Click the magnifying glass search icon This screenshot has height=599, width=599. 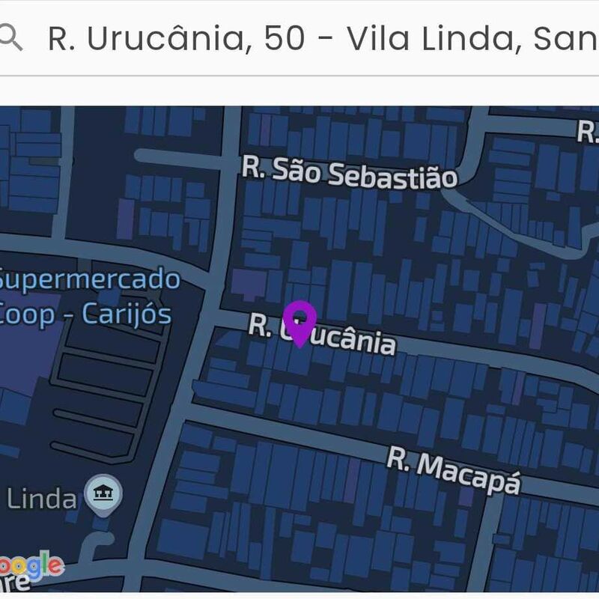(x=10, y=37)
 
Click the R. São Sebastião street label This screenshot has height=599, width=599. (x=349, y=173)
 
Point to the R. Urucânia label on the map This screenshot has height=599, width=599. (x=322, y=334)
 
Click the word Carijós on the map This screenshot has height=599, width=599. (x=126, y=313)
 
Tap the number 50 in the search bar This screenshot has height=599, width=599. (x=285, y=38)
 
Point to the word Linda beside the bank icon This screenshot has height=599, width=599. (x=41, y=499)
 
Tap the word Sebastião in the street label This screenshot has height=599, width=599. (x=392, y=176)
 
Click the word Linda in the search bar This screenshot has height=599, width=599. (x=467, y=38)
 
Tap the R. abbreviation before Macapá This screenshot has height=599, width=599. (x=399, y=458)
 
